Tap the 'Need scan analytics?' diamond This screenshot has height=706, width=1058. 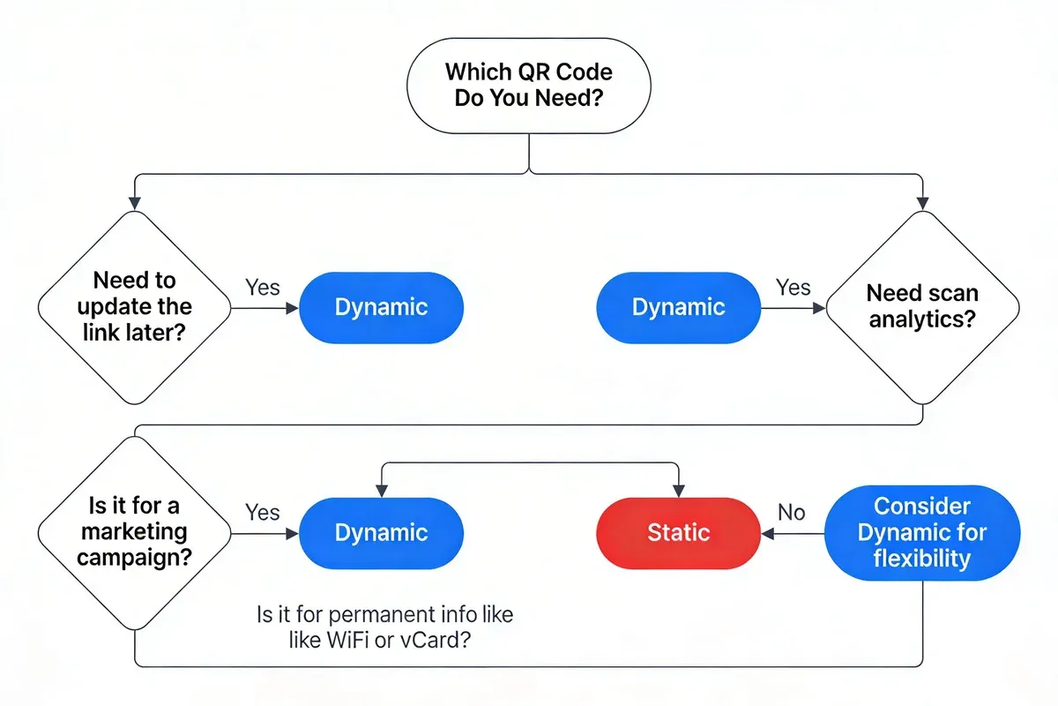(922, 306)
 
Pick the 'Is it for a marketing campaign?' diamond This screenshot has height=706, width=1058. (134, 532)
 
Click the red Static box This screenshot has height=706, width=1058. (678, 532)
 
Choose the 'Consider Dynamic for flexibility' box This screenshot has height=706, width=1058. (922, 532)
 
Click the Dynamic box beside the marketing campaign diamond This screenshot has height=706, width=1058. (381, 532)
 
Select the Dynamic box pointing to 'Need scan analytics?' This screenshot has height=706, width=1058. (678, 307)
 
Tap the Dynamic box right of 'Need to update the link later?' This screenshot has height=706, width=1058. (381, 307)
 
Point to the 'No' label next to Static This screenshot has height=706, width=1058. (791, 512)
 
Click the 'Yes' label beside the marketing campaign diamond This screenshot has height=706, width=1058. (263, 512)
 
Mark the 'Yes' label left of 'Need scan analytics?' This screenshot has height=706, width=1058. (793, 287)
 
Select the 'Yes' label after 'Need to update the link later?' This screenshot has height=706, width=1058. (263, 287)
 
